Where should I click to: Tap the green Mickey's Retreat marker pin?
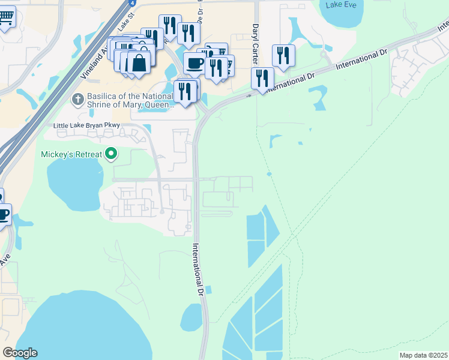coord(110,154)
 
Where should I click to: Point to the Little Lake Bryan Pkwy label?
coord(87,125)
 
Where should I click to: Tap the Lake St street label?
coord(124,24)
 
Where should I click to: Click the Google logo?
coord(20,353)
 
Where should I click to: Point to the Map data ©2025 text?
coord(423,355)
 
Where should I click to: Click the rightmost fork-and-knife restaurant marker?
coord(283,56)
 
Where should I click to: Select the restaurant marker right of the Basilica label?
coord(185,91)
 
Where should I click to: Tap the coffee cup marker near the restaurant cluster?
coord(194,63)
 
